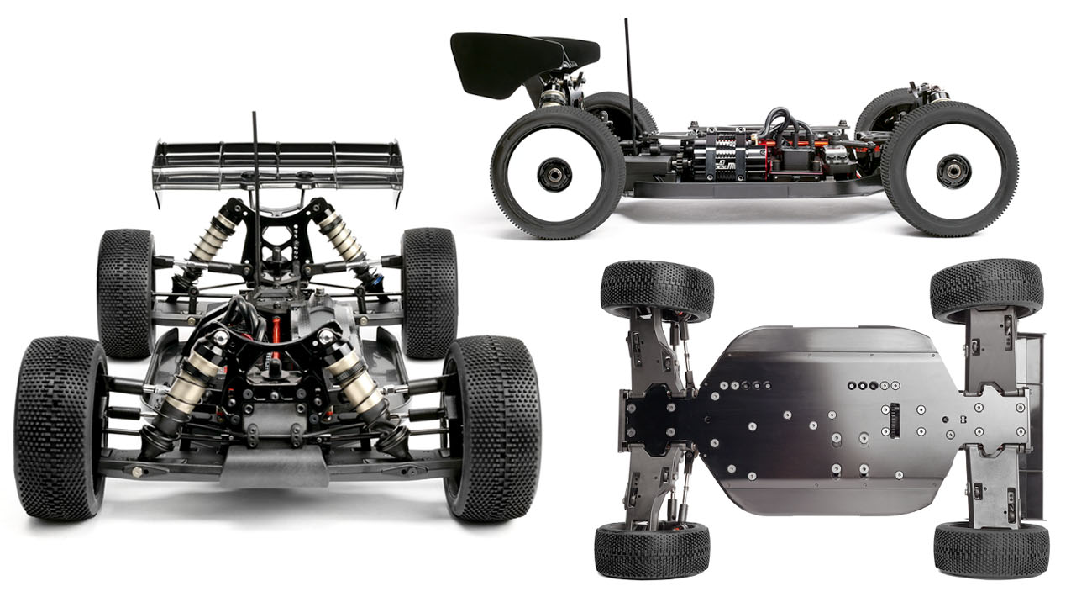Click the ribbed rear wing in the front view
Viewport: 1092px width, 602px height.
tap(277, 163)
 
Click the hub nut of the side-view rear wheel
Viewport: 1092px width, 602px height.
tap(554, 174)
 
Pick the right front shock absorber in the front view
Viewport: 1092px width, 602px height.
tap(357, 383)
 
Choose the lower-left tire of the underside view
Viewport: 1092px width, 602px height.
tap(651, 550)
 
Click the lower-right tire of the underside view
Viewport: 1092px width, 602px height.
tap(990, 550)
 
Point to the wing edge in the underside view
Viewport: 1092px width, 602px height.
tap(1033, 420)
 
